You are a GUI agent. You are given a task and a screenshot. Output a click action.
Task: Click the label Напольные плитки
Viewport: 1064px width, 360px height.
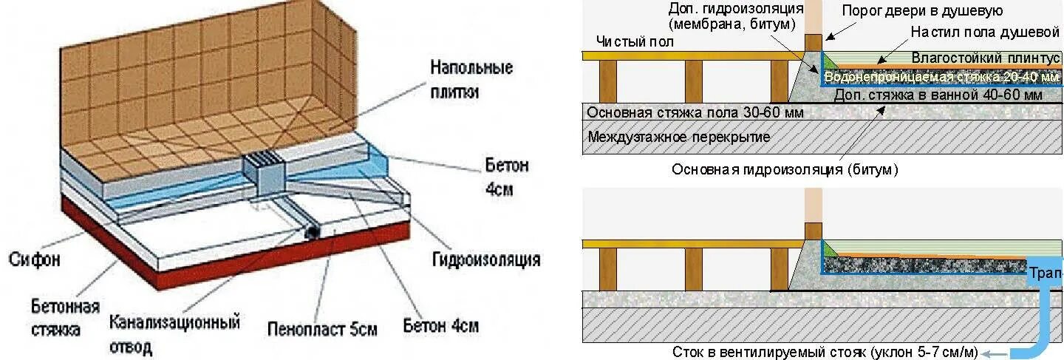pyautogui.click(x=471, y=80)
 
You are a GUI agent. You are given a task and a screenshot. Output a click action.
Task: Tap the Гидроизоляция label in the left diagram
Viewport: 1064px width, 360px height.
pyautogui.click(x=486, y=259)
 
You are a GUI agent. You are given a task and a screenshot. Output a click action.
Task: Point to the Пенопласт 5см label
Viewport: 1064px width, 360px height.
pyautogui.click(x=322, y=327)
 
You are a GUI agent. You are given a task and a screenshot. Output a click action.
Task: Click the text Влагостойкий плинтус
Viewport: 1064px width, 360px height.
pyautogui.click(x=986, y=58)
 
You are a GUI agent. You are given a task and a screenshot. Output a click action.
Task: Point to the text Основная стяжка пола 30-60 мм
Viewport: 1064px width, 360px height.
pyautogui.click(x=695, y=113)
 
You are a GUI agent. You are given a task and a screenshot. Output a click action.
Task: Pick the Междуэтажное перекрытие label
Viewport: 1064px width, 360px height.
pyautogui.click(x=679, y=137)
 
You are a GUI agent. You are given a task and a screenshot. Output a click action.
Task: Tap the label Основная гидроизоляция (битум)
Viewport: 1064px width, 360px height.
pyautogui.click(x=785, y=169)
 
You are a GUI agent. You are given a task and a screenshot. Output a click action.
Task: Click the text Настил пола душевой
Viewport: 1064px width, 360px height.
pyautogui.click(x=985, y=33)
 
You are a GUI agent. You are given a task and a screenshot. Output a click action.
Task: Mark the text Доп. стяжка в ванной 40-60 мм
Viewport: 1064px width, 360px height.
pyautogui.click(x=938, y=95)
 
